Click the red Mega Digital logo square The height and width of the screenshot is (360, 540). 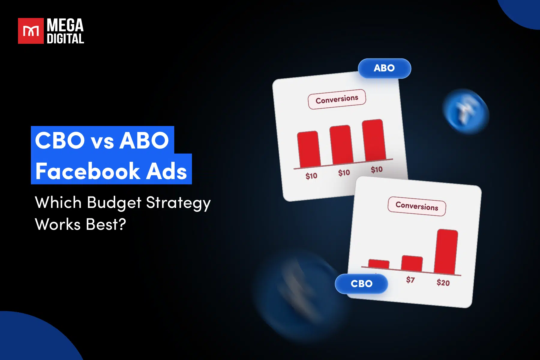coord(31,31)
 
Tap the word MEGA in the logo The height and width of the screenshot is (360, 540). coord(65,25)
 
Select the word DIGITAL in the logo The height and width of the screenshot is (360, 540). coord(65,39)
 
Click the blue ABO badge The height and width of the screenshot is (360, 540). coord(384,68)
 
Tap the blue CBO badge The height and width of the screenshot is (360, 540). coord(361,283)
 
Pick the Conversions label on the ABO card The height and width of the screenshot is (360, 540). coord(337,99)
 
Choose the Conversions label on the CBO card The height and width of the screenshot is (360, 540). coord(417,206)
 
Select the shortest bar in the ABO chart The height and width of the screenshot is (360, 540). coord(308,149)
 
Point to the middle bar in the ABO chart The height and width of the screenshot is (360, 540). coord(341,145)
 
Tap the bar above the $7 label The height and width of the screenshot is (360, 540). coord(412,263)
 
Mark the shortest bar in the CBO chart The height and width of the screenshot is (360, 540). coord(379,264)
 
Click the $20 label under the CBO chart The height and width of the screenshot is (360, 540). coord(443,283)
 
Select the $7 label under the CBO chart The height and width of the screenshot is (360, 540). coord(410,280)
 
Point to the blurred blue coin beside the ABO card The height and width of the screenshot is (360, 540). coord(466,111)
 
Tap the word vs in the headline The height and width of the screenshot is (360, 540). coord(102,141)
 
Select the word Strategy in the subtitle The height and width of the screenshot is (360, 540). coord(178,203)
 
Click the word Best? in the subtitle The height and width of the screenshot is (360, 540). coord(106,224)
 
